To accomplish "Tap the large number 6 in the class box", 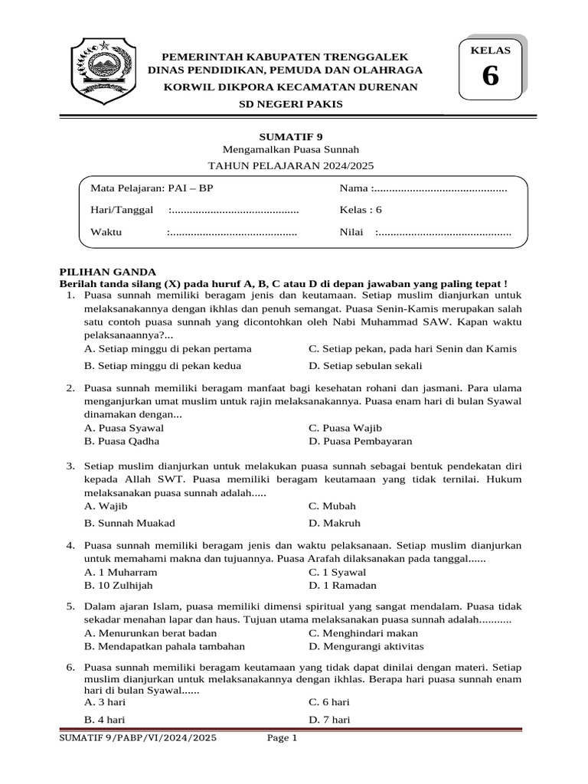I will (x=489, y=77).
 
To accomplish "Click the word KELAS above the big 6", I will (x=489, y=50).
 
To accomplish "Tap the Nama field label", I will (x=356, y=188).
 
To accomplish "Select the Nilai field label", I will (x=352, y=232).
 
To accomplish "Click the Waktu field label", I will (x=106, y=232).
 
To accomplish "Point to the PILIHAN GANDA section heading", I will (x=108, y=272).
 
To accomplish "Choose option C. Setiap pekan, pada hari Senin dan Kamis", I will (x=412, y=348).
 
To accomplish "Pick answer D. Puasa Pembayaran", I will (x=360, y=441).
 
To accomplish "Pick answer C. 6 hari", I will (x=329, y=701).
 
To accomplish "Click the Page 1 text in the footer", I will (x=281, y=738).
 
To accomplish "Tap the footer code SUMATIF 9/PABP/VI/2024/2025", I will (x=138, y=738).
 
